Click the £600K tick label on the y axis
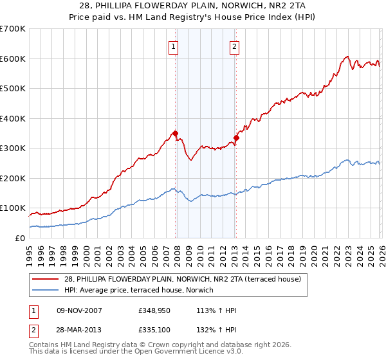point(12,59)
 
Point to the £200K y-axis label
point(12,178)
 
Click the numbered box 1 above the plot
point(174,46)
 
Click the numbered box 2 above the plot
point(235,46)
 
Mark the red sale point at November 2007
point(175,134)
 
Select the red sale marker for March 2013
point(236,138)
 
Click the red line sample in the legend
point(46,278)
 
